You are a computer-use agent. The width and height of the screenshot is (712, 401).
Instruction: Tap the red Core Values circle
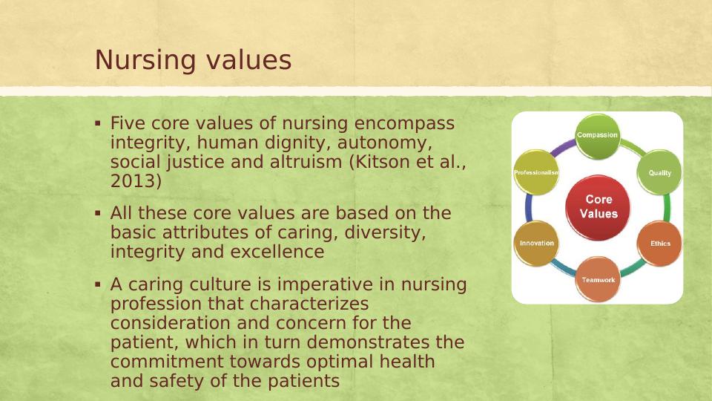pos(598,207)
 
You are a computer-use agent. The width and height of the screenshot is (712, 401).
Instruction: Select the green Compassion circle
pos(598,136)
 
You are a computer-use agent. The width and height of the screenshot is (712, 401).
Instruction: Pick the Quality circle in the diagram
pos(659,173)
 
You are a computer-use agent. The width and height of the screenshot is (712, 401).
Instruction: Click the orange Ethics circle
pos(659,244)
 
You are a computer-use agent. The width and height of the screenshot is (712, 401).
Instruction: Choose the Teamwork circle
pos(598,280)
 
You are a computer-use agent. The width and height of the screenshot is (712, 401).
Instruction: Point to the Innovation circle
pos(536,244)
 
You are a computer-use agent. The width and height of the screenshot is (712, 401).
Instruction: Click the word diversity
pos(386,232)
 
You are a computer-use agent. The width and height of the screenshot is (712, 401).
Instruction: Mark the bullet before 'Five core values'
pos(98,123)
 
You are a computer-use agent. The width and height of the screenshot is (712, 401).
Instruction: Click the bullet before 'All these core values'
pos(98,212)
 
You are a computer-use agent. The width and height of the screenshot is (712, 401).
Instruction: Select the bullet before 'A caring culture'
pos(98,284)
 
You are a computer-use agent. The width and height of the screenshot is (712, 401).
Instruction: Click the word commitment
pos(167,362)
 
